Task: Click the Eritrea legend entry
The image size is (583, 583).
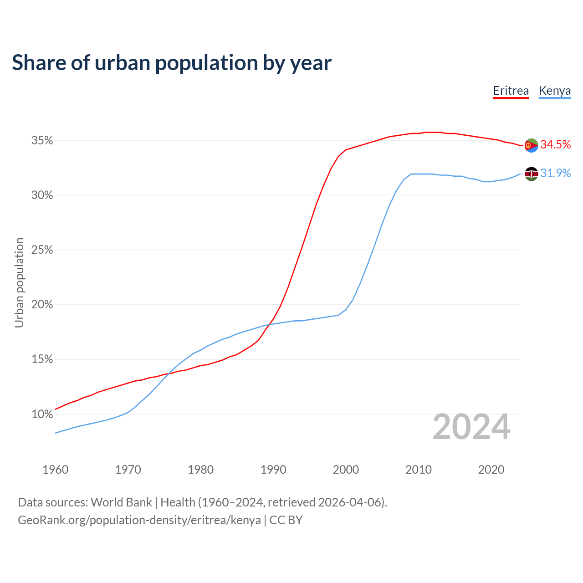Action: click(511, 91)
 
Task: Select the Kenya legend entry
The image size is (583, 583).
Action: click(554, 91)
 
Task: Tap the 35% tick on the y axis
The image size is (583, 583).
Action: click(42, 141)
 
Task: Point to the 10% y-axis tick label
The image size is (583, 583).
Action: click(42, 414)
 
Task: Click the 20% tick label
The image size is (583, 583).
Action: click(42, 305)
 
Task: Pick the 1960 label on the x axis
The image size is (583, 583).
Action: click(55, 470)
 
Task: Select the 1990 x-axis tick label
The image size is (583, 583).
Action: click(273, 470)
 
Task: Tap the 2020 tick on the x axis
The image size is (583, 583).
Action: click(491, 470)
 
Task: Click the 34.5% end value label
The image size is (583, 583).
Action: click(555, 145)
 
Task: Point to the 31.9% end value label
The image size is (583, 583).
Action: click(555, 174)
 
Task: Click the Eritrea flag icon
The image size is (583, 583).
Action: click(531, 145)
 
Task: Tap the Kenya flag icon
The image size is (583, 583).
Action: click(531, 174)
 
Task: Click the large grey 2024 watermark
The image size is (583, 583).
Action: click(471, 427)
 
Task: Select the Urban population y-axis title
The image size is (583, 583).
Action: click(19, 282)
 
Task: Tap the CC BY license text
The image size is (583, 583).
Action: click(286, 520)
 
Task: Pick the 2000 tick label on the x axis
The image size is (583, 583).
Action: click(346, 470)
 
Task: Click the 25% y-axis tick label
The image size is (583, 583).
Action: click(42, 250)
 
